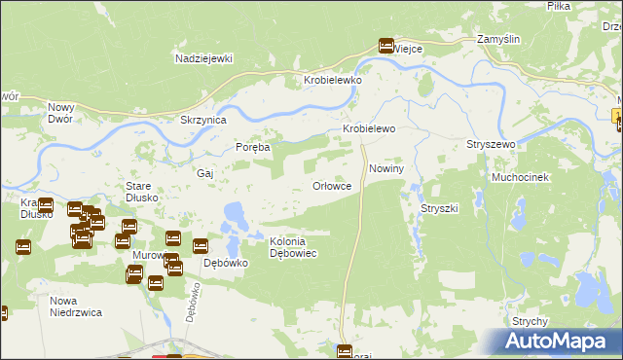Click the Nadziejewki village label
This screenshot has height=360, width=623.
click(203, 58)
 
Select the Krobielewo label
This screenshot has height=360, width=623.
click(367, 128)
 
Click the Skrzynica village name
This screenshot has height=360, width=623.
click(203, 120)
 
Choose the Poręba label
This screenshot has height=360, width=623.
click(253, 147)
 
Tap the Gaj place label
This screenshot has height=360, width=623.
click(204, 172)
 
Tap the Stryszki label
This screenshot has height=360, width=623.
click(439, 209)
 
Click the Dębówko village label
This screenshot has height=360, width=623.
click(221, 263)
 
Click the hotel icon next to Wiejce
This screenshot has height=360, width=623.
click(386, 45)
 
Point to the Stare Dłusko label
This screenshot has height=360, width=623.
click(137, 191)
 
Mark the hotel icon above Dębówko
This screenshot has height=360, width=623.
click(201, 246)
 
